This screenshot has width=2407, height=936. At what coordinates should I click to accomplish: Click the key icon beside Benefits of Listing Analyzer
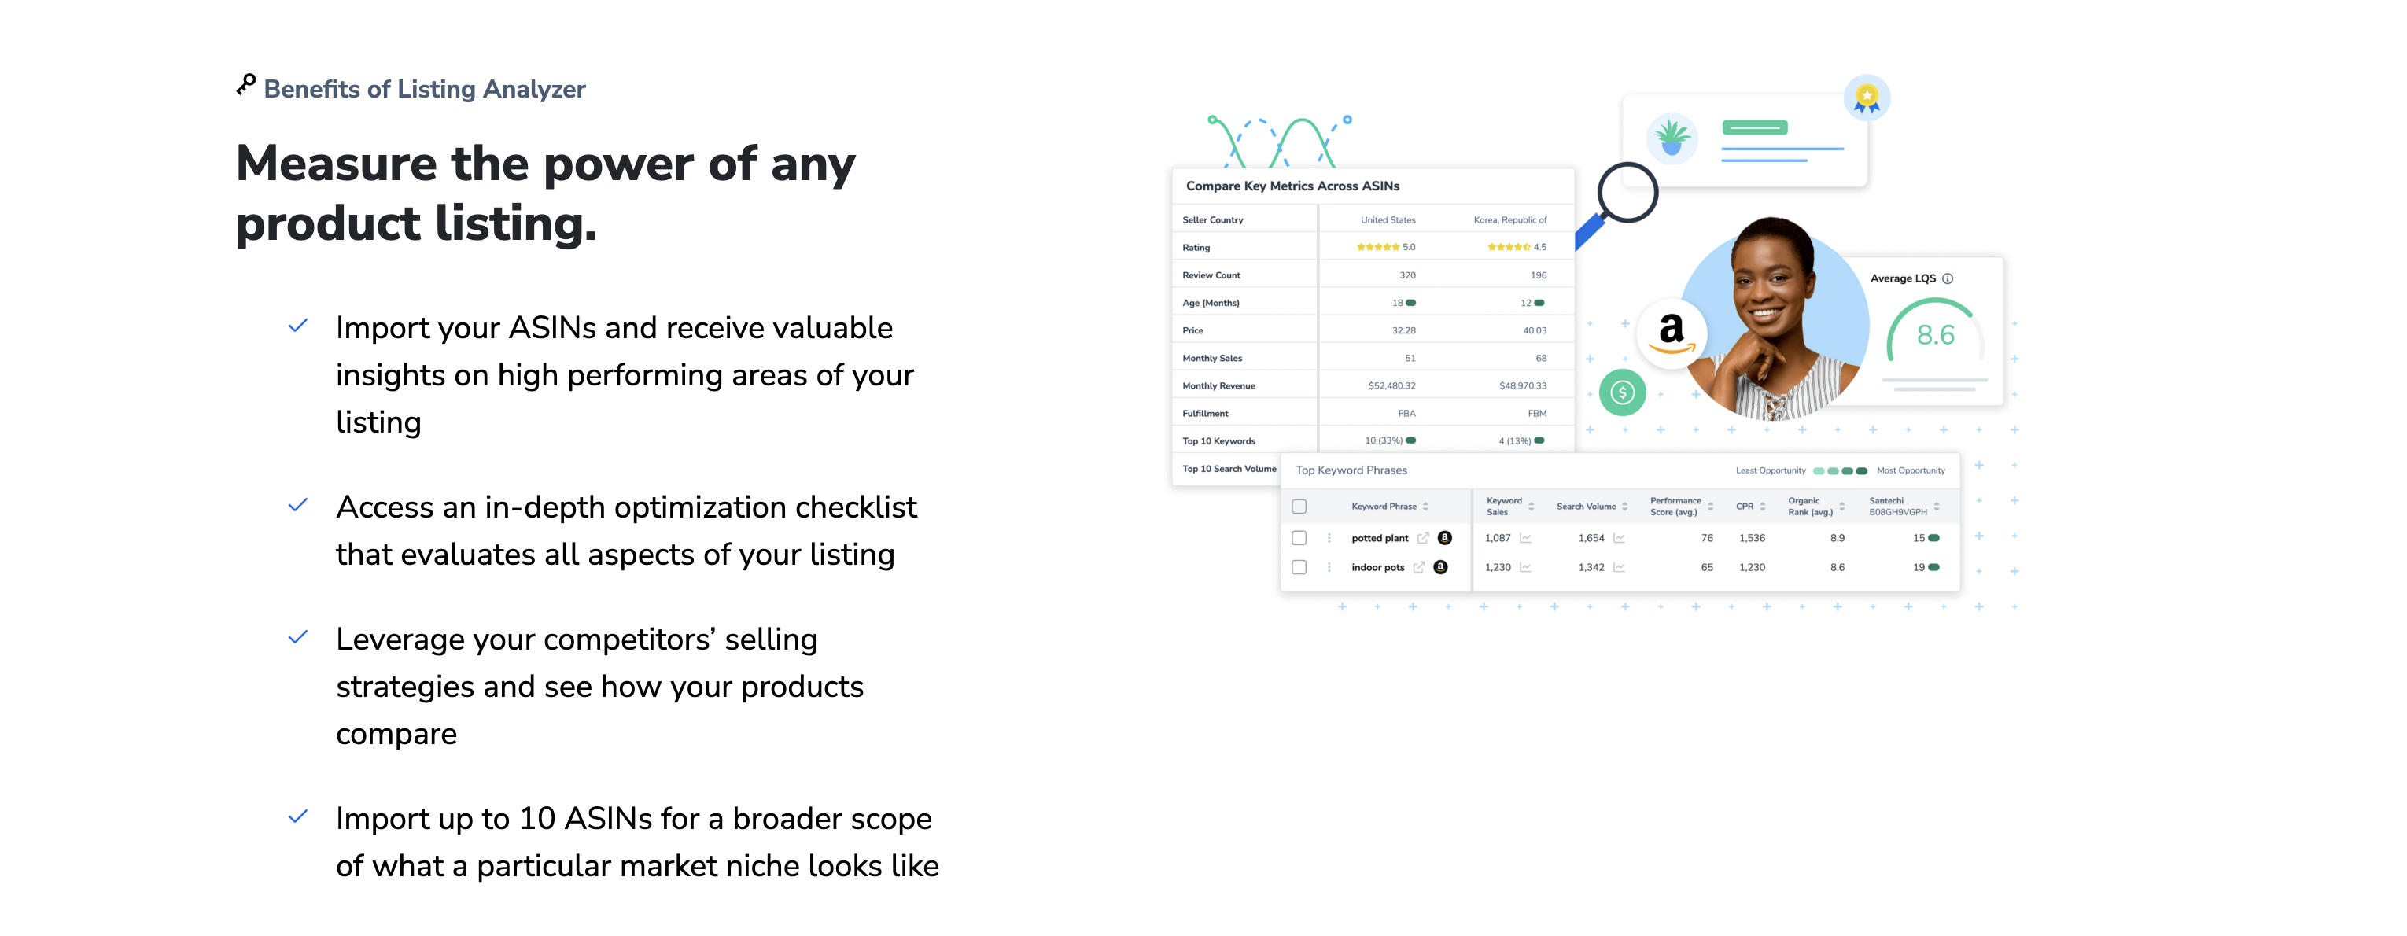tap(245, 85)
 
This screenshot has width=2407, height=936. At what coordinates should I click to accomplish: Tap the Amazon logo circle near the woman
tap(1672, 334)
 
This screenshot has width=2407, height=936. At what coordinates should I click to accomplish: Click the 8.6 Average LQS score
tap(1935, 334)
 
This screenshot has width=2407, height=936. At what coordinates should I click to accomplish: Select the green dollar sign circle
tap(1622, 392)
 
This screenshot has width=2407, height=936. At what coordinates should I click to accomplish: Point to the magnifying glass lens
tap(1627, 193)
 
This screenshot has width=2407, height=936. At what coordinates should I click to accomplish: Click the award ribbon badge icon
tap(1867, 98)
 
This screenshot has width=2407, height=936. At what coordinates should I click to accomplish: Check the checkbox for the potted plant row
tap(1299, 538)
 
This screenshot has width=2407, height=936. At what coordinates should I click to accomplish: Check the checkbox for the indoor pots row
tap(1299, 567)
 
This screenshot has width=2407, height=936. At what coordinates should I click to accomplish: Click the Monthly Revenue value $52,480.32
tap(1391, 385)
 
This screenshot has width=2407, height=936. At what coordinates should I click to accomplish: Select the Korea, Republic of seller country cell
tap(1510, 220)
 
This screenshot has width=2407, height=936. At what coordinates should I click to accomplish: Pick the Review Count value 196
tap(1538, 275)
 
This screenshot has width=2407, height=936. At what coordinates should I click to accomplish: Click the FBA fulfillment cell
tap(1406, 414)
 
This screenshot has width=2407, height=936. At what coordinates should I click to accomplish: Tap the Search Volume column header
tap(1586, 507)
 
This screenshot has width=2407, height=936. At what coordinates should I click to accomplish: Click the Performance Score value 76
tap(1707, 538)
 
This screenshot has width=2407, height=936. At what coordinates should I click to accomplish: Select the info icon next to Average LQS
tap(1948, 278)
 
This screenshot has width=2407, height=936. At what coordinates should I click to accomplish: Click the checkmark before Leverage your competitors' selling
tap(298, 638)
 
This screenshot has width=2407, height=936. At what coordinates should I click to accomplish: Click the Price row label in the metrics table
tap(1192, 330)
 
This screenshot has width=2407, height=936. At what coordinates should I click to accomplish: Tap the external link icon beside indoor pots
tap(1418, 567)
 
